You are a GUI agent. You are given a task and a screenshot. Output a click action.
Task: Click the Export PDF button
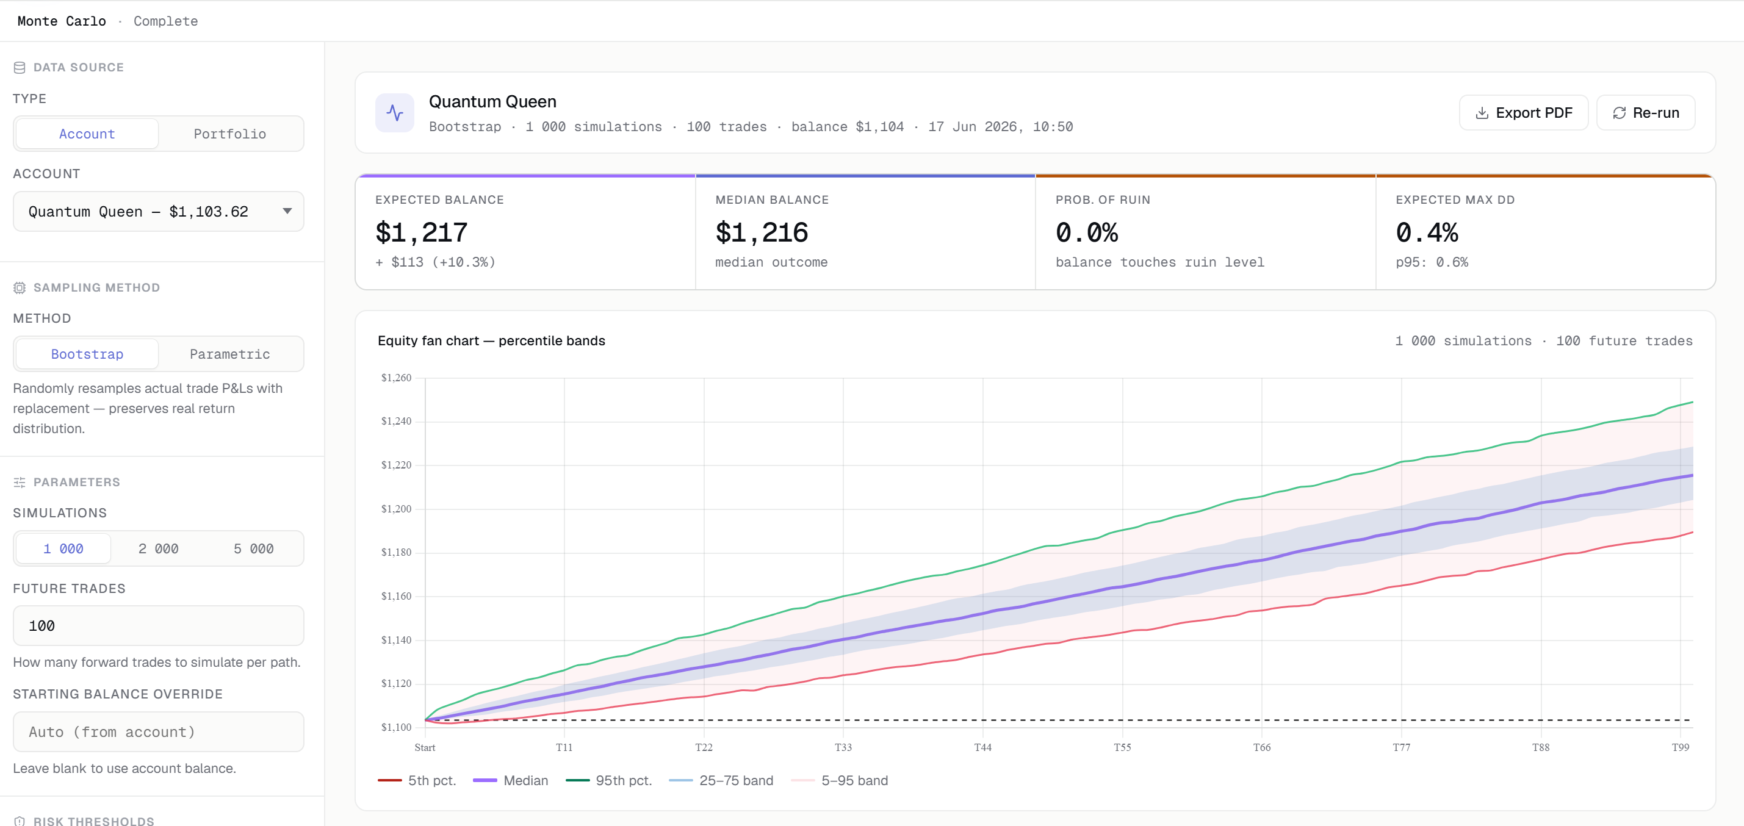pyautogui.click(x=1523, y=112)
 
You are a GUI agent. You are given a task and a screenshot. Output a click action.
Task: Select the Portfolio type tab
pyautogui.click(x=230, y=134)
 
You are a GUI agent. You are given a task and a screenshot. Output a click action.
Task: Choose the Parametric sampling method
pyautogui.click(x=230, y=354)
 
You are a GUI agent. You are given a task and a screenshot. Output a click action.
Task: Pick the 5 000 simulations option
pyautogui.click(x=254, y=548)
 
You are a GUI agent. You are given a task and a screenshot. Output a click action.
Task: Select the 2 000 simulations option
pyautogui.click(x=159, y=548)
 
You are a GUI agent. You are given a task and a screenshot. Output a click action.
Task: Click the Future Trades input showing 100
pyautogui.click(x=159, y=625)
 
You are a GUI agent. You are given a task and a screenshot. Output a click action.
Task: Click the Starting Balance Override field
pyautogui.click(x=159, y=732)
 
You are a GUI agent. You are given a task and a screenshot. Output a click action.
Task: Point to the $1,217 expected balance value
pyautogui.click(x=422, y=233)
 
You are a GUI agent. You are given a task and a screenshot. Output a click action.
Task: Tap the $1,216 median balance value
pyautogui.click(x=762, y=233)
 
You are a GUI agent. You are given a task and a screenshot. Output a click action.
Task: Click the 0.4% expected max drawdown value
pyautogui.click(x=1427, y=233)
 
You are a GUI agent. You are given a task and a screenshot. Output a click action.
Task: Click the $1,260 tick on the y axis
pyautogui.click(x=396, y=378)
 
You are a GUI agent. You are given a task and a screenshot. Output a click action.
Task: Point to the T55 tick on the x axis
pyautogui.click(x=1123, y=747)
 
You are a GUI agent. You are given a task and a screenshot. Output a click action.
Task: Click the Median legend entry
pyautogui.click(x=511, y=781)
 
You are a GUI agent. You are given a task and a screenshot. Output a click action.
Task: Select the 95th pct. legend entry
pyautogui.click(x=608, y=781)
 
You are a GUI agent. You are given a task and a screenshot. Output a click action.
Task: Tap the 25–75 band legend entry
pyautogui.click(x=721, y=781)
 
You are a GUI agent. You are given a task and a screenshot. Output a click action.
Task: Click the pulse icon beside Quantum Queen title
pyautogui.click(x=395, y=113)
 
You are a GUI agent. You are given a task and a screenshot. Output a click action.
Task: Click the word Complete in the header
pyautogui.click(x=166, y=21)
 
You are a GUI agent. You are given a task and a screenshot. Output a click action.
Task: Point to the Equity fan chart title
pyautogui.click(x=491, y=340)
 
